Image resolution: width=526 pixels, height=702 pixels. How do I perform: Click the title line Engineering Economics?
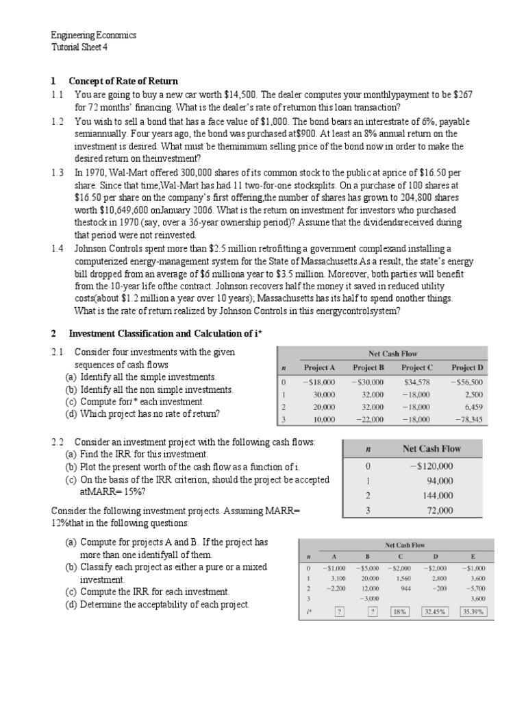point(94,35)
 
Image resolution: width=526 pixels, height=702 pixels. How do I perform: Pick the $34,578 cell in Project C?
point(417,382)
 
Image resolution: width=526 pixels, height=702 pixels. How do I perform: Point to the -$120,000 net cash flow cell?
point(431,466)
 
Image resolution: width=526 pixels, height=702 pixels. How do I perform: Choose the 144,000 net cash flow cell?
point(435,496)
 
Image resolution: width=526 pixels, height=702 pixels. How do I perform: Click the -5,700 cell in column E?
point(474,588)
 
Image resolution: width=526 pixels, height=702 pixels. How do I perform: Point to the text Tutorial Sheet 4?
point(80,47)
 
